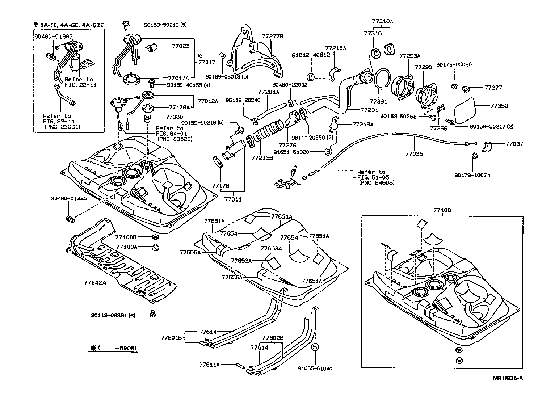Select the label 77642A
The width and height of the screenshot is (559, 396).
[x=95, y=283]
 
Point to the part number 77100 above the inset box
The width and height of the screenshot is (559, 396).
[x=442, y=210]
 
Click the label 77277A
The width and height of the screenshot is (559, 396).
[x=272, y=37]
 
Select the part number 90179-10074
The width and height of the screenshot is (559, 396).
[x=472, y=175]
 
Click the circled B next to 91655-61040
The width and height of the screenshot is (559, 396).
[x=315, y=347]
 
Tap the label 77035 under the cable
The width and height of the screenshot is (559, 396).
[x=414, y=154]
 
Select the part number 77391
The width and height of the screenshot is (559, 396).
[x=378, y=102]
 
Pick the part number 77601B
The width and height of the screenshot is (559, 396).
[x=171, y=338]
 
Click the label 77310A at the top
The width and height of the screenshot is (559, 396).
[x=382, y=21]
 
